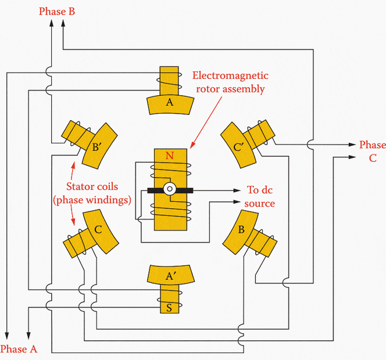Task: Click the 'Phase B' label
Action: click(56, 11)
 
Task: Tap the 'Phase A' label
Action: click(19, 349)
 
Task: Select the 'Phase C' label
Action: click(372, 150)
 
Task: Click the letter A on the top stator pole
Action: click(170, 102)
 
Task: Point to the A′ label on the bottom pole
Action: click(170, 277)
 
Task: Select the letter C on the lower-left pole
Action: click(98, 230)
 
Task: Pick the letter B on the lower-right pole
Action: click(242, 229)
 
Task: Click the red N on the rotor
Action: click(170, 156)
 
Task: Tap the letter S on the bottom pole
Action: click(169, 308)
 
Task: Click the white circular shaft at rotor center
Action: click(170, 189)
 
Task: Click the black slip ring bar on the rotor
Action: click(155, 190)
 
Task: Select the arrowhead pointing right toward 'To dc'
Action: click(237, 190)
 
